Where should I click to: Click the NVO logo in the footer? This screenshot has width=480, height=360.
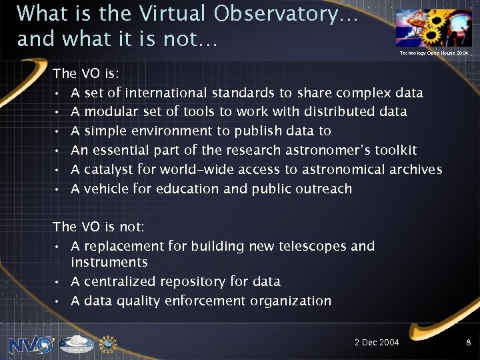coord(31,344)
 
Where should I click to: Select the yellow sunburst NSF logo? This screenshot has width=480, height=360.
coord(107,344)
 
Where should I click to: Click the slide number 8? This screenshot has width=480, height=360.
coord(469,343)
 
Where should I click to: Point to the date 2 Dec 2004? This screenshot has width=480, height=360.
coord(377,343)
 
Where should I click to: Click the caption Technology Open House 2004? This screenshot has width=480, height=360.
coord(433,53)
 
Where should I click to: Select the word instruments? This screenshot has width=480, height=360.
coord(109,263)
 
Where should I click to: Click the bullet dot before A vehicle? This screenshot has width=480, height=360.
coord(59,189)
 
